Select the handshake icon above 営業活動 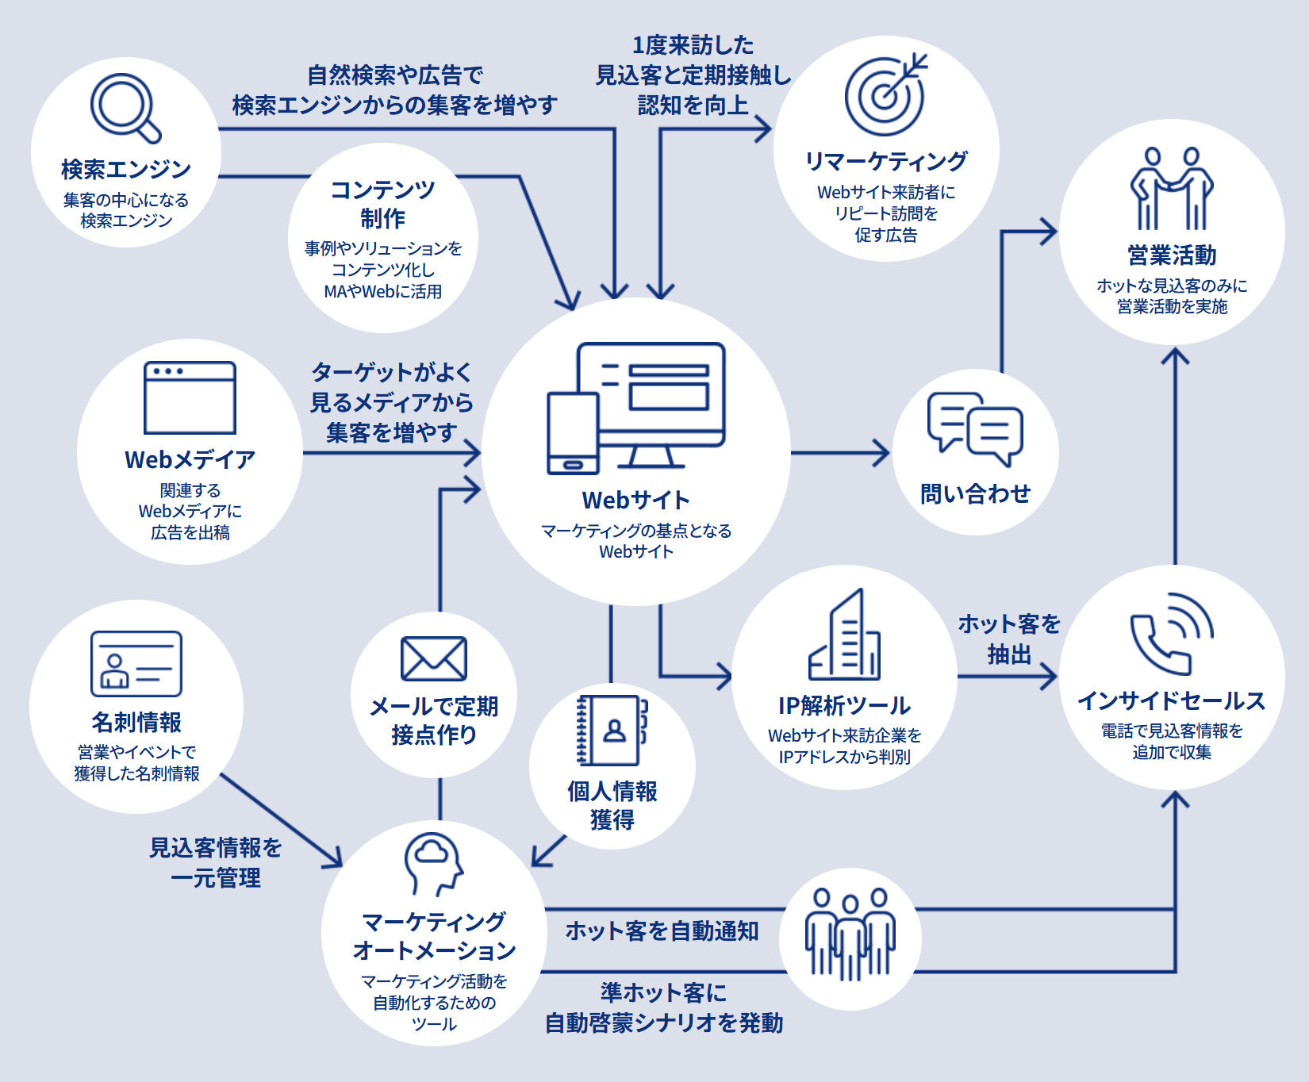1172,189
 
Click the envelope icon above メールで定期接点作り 433,658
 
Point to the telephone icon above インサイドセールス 1171,634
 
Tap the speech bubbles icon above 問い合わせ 975,429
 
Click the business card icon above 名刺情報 136,664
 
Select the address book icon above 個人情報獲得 612,730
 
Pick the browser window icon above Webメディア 190,397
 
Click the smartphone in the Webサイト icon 572,433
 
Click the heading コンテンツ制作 382,203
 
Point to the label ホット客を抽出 1009,639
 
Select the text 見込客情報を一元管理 216,862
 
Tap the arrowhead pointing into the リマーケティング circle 764,129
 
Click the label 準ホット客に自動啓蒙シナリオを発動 663,1007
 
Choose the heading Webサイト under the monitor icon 635,500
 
